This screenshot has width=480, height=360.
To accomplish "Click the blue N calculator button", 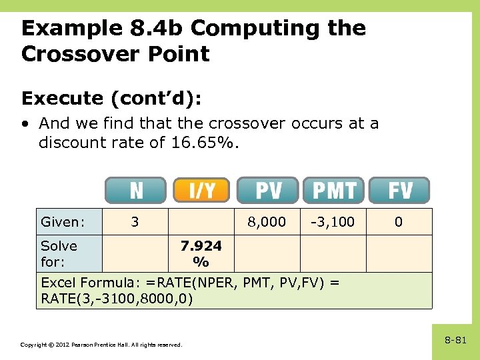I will click(x=135, y=191).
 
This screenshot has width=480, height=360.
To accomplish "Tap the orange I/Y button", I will click(x=201, y=191).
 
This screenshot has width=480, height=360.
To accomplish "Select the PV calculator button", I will click(x=268, y=191).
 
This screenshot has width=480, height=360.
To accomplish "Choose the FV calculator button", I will click(x=399, y=191).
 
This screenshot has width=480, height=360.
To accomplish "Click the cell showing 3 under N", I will click(x=135, y=222).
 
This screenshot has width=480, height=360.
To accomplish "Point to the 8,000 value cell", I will click(x=267, y=222).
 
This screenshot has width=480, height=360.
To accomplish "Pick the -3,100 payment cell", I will click(x=333, y=222).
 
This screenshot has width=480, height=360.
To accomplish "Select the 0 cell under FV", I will click(x=398, y=222).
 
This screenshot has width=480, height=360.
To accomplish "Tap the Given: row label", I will click(x=63, y=222).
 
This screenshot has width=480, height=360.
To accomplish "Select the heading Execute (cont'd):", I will click(x=111, y=99).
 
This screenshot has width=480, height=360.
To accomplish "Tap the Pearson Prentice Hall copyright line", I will click(x=101, y=345).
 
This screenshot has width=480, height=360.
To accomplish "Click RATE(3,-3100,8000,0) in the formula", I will click(x=117, y=298).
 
